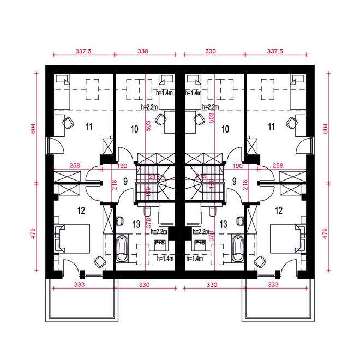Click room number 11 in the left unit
[89, 128]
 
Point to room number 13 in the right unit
[223, 223]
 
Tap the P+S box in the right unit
[200, 242]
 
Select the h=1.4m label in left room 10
[165, 93]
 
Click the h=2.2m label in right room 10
[211, 106]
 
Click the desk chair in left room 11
[69, 122]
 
